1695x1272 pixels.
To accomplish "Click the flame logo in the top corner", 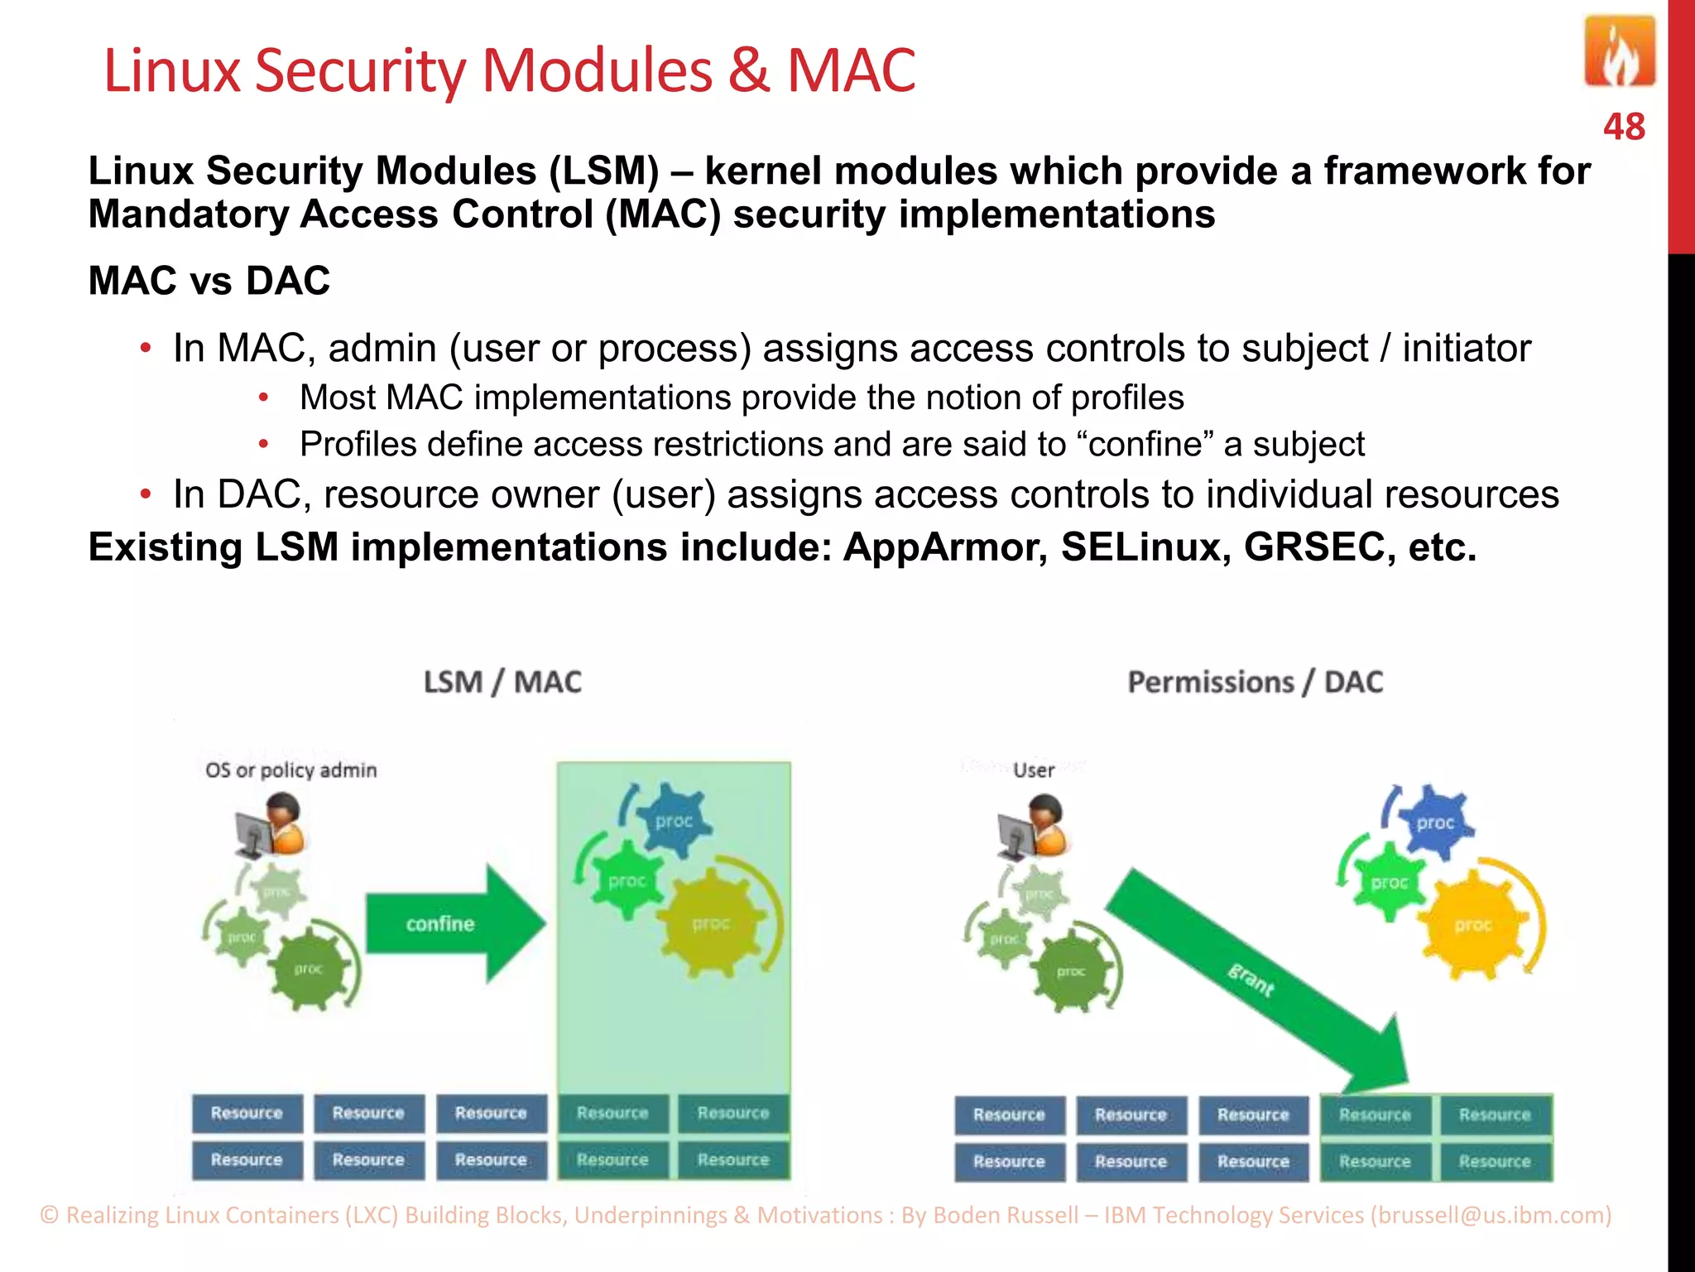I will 1619,53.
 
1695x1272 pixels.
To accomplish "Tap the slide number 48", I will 1623,128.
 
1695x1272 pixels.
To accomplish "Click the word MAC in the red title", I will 851,70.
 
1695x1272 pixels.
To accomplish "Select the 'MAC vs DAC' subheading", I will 209,281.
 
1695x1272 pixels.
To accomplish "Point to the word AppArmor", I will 944,547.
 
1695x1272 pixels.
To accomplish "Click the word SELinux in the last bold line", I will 1145,547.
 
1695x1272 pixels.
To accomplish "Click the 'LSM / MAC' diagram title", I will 502,682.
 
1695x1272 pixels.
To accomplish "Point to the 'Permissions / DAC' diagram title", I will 1255,682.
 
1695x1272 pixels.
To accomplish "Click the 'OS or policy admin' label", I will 291,771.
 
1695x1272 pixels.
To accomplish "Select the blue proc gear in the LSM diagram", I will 674,821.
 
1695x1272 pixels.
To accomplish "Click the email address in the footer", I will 1491,1215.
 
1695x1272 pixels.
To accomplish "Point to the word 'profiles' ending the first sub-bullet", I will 1127,398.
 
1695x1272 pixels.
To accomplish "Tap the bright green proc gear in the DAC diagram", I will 1389,882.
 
